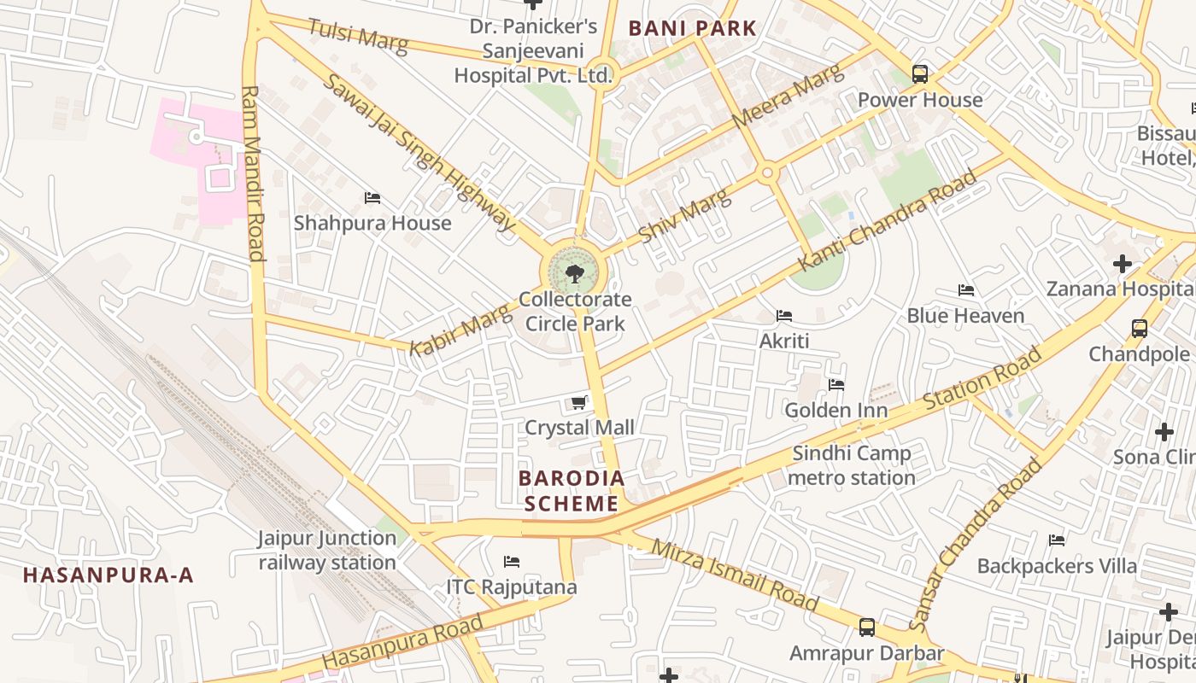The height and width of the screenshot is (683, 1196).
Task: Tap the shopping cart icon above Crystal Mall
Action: (x=579, y=402)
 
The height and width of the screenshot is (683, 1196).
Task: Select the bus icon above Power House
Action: (x=920, y=74)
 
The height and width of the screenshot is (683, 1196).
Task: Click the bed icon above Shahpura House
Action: (x=372, y=198)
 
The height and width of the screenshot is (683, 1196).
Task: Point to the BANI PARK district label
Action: (x=693, y=28)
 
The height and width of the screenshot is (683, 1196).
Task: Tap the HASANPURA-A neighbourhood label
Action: (x=108, y=575)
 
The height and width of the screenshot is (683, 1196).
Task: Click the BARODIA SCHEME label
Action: (x=572, y=490)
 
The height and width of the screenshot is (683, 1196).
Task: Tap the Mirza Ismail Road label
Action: (x=734, y=575)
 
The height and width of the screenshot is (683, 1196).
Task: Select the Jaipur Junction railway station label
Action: (x=327, y=551)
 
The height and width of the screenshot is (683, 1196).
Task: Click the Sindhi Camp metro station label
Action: (x=851, y=465)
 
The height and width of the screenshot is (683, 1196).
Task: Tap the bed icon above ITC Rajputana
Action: (x=512, y=562)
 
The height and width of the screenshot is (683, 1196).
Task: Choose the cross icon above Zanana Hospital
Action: (x=1123, y=264)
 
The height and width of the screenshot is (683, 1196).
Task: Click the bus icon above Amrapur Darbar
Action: (x=867, y=628)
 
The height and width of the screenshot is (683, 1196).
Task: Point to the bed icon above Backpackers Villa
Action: (x=1057, y=540)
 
